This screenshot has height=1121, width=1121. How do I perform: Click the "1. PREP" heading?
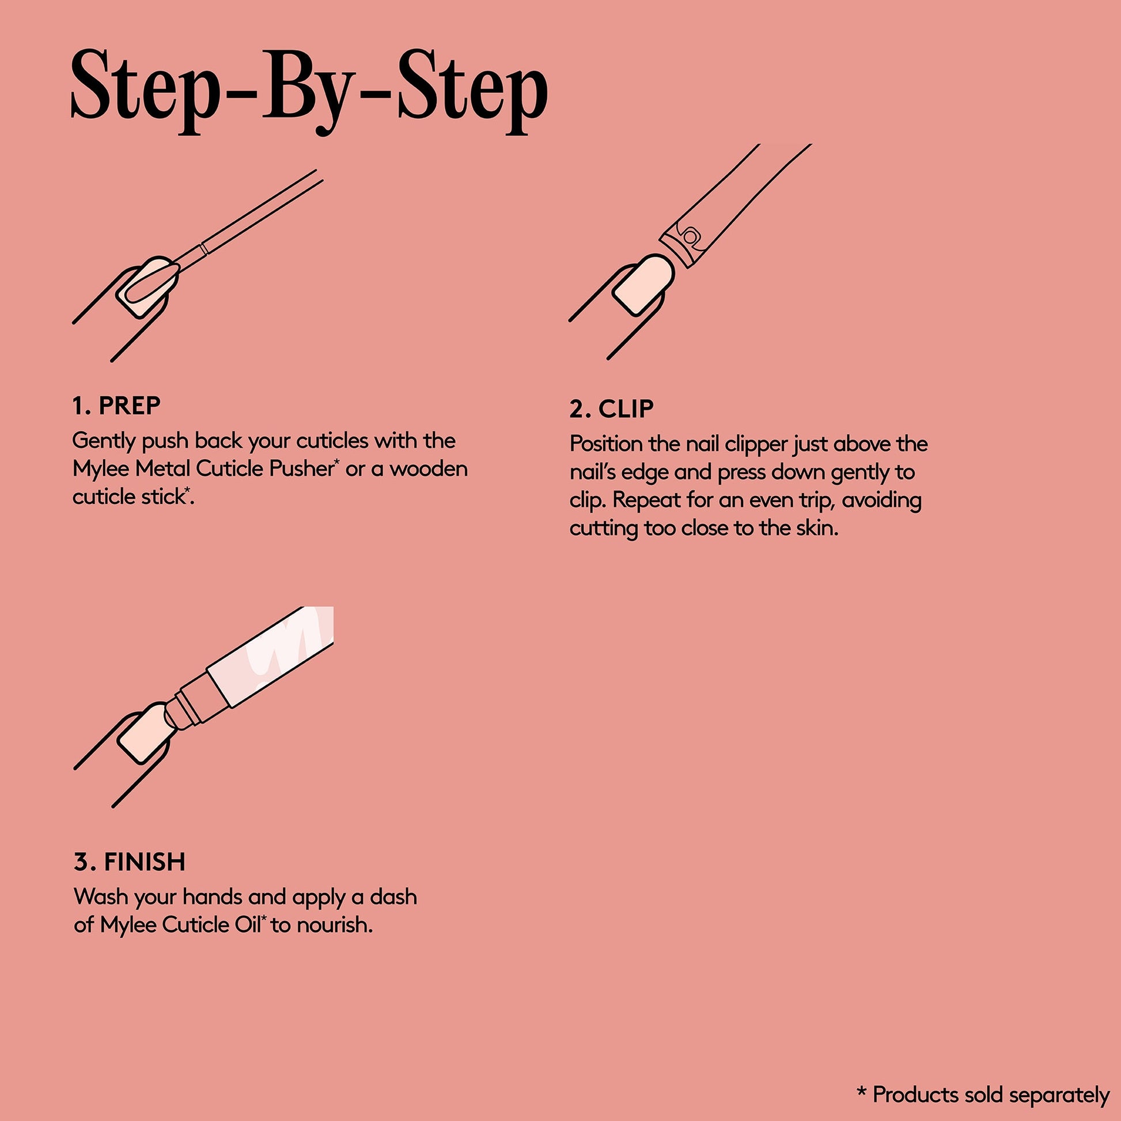(116, 406)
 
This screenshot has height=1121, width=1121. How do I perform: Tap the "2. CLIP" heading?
(612, 409)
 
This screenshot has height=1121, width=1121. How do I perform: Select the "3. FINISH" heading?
(130, 862)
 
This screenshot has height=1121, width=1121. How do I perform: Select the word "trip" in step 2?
(816, 501)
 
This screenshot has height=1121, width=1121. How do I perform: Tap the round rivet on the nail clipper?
(690, 236)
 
